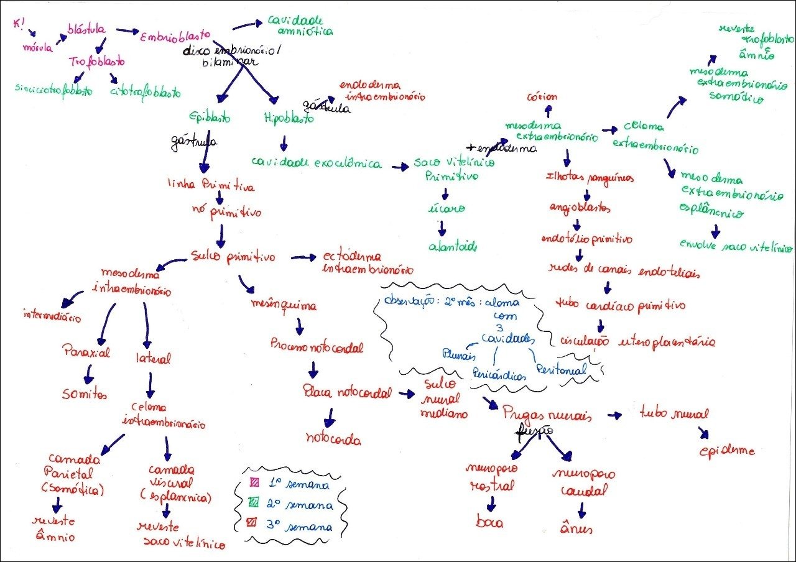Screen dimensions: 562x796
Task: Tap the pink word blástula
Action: [87, 29]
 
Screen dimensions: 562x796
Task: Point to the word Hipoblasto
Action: [289, 117]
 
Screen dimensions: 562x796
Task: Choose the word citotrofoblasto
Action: [145, 93]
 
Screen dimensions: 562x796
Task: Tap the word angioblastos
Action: [578, 207]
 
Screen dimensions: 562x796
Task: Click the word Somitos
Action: [85, 394]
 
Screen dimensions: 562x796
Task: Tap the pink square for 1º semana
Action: [254, 482]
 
